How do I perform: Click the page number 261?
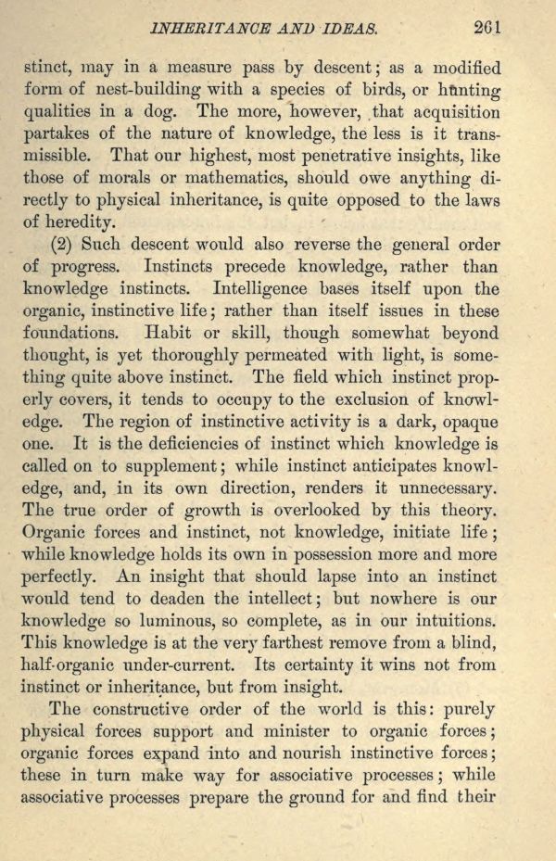(x=485, y=28)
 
